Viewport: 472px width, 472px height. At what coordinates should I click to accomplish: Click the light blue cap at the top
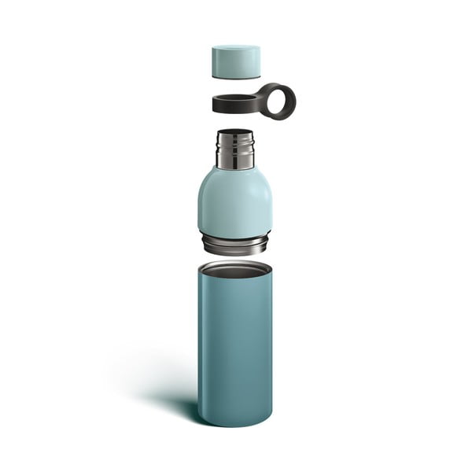click(x=236, y=64)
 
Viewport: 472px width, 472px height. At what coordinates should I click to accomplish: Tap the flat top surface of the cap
click(x=236, y=50)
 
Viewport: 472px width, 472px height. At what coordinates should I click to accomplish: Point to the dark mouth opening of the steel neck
click(x=235, y=133)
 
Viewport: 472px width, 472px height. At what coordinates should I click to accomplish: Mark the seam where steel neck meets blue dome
click(x=235, y=168)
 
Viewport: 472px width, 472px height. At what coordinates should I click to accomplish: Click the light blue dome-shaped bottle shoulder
click(x=235, y=201)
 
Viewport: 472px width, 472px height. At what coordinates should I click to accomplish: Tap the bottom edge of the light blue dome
click(x=235, y=235)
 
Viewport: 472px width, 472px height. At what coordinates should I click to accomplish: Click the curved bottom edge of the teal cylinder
click(x=235, y=425)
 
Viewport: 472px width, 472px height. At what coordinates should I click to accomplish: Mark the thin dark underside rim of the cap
click(x=236, y=77)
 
